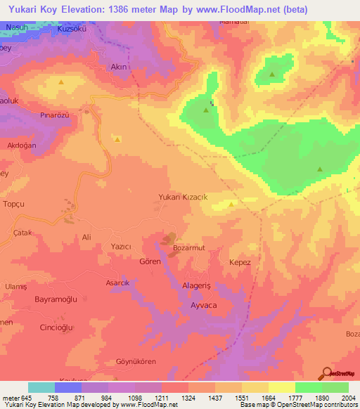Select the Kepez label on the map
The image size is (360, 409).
click(240, 261)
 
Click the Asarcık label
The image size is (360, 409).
click(98, 282)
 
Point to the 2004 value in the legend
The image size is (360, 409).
click(347, 398)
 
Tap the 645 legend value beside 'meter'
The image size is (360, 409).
click(27, 398)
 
